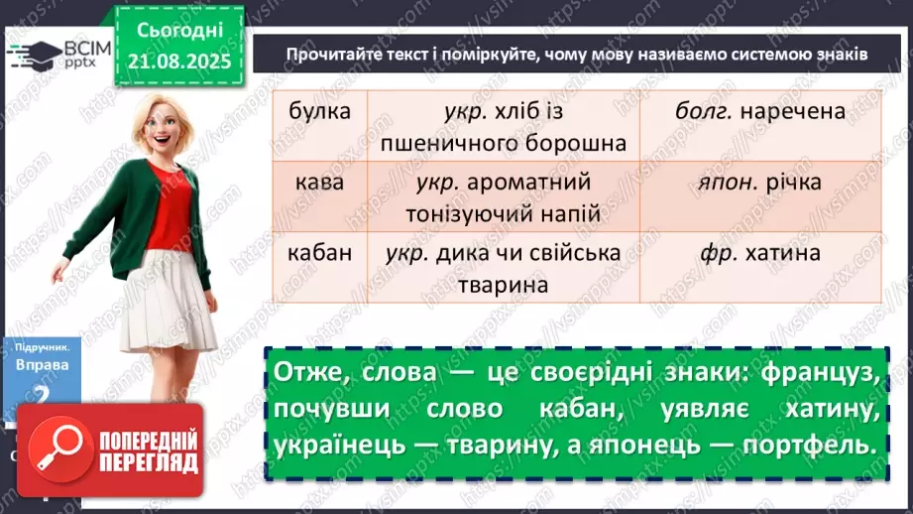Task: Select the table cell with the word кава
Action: [x=319, y=183]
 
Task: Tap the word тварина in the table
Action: [x=505, y=285]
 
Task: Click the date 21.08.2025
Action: [x=178, y=63]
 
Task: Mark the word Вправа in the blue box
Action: [x=43, y=364]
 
